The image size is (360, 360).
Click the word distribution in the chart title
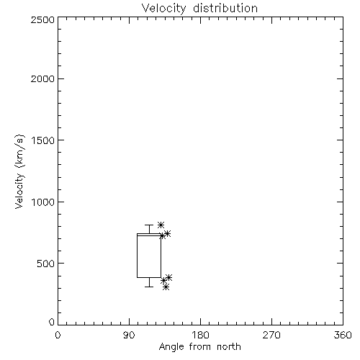(225, 9)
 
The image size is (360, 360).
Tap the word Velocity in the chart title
(163, 9)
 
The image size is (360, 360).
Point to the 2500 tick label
(42, 19)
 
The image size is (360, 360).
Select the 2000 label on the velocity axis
(42, 79)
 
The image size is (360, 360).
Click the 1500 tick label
(43, 140)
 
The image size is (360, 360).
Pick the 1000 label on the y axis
(43, 202)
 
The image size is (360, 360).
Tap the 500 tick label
(46, 264)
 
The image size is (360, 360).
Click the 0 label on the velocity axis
(52, 322)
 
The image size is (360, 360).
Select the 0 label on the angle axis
(58, 335)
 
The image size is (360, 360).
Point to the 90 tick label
(129, 335)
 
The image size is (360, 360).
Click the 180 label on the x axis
(200, 335)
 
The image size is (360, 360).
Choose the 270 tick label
(271, 335)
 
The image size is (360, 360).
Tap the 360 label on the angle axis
(343, 335)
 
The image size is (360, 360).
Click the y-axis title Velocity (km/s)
(19, 171)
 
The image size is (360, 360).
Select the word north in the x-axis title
(229, 347)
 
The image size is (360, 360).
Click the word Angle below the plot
(171, 347)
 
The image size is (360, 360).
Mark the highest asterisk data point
(161, 225)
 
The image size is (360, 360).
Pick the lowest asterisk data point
(166, 287)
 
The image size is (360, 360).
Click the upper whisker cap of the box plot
(149, 225)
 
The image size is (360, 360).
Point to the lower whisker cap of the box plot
(149, 287)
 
